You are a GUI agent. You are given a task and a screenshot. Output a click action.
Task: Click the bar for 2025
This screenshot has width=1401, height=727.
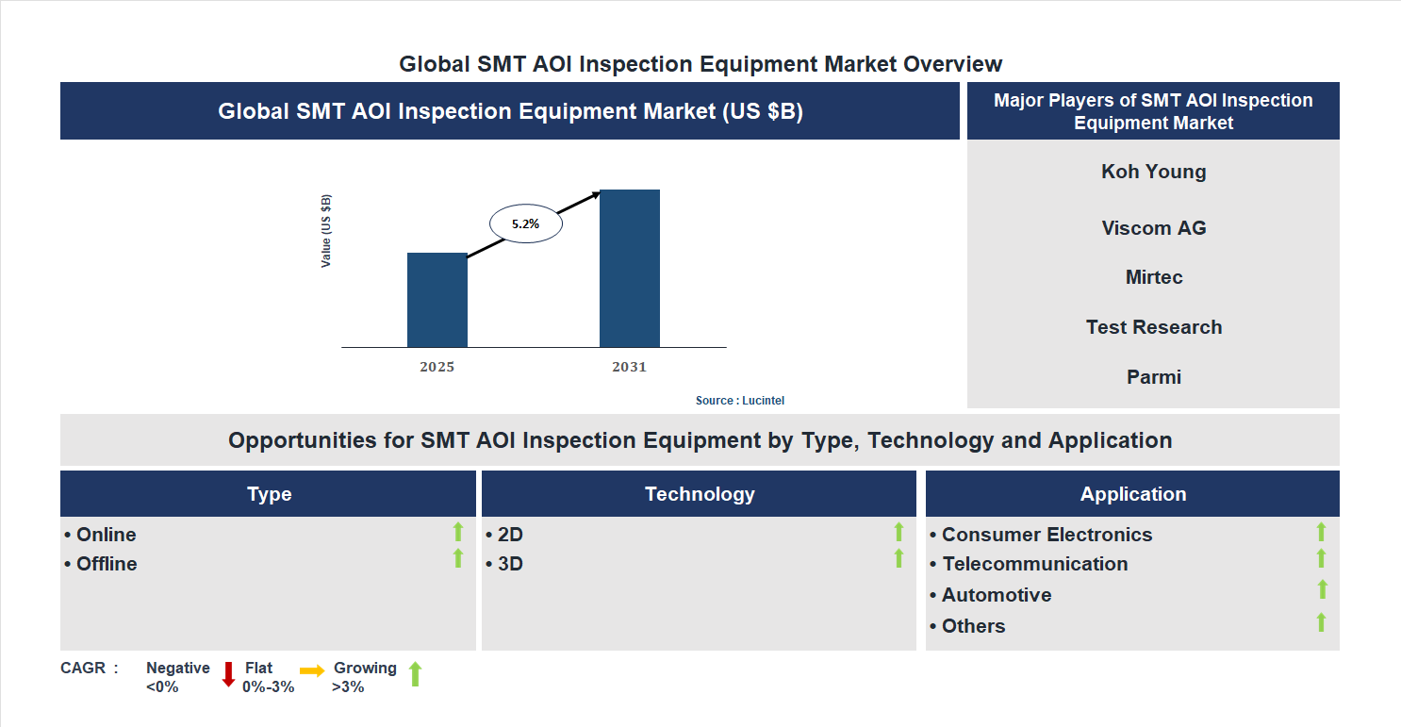coord(437,300)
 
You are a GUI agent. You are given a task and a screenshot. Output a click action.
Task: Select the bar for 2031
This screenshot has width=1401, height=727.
coord(629,269)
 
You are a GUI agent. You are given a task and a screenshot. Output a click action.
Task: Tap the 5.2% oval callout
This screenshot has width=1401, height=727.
coord(525,224)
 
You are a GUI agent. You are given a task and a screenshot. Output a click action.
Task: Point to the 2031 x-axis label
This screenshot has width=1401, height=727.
coord(629,367)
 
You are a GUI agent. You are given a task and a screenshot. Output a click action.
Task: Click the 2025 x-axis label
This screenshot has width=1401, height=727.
coord(437,367)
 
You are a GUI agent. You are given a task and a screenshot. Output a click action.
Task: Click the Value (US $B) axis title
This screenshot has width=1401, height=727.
coord(326,231)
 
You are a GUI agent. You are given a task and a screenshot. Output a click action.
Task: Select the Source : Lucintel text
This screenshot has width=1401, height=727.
coord(739,401)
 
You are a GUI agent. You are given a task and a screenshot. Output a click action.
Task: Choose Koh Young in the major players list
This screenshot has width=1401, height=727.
coord(1153,172)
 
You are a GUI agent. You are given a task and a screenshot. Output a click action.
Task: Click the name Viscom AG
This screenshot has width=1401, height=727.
coord(1153,228)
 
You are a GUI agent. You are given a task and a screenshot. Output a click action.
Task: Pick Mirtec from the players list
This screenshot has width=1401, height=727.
coord(1153,277)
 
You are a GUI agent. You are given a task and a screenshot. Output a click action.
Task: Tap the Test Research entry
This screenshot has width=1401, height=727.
coord(1153,327)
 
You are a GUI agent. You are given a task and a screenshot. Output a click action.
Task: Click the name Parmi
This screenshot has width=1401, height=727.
coord(1153,377)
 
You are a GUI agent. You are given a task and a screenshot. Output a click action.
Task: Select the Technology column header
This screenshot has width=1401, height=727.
coord(699,494)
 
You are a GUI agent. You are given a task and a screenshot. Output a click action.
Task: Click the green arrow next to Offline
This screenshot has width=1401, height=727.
coord(458,558)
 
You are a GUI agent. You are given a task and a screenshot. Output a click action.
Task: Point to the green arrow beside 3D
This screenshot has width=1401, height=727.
coord(898,558)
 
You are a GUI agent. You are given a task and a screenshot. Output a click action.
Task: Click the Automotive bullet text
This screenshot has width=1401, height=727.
coord(996,595)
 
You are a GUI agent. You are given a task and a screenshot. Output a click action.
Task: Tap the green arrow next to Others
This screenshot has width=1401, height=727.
coord(1321,621)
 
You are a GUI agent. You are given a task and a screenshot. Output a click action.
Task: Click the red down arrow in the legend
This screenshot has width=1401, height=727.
coord(228,674)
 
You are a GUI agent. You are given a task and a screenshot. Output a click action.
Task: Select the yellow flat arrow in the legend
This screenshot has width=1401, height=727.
coord(312,670)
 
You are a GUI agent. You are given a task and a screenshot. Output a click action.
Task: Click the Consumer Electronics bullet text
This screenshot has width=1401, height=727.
coord(1047,535)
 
